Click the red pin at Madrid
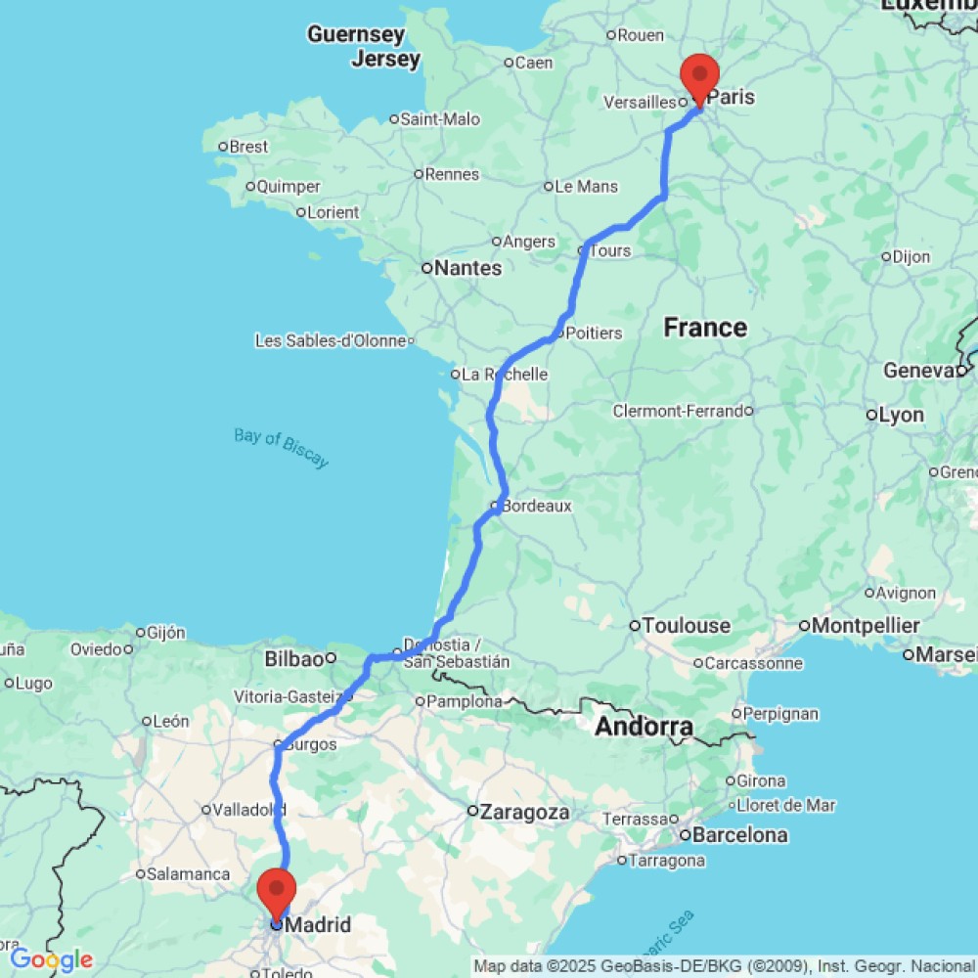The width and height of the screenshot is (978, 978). pyautogui.click(x=277, y=889)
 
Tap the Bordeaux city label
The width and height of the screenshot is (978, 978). pyautogui.click(x=536, y=506)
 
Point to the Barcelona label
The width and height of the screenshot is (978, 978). pyautogui.click(x=741, y=835)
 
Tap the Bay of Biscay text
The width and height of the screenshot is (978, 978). pyautogui.click(x=282, y=448)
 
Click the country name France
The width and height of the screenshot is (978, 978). pyautogui.click(x=705, y=328)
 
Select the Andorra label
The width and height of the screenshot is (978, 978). pyautogui.click(x=645, y=727)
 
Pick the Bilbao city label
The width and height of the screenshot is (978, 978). pyautogui.click(x=294, y=659)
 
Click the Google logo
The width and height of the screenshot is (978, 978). pyautogui.click(x=51, y=959)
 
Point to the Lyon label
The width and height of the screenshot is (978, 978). pyautogui.click(x=901, y=415)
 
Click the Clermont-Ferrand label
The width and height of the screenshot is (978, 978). pyautogui.click(x=679, y=411)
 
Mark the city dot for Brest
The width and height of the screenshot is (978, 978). pyautogui.click(x=223, y=147)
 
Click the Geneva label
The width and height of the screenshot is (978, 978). pyautogui.click(x=918, y=371)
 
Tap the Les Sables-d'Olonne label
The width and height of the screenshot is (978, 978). pyautogui.click(x=331, y=340)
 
